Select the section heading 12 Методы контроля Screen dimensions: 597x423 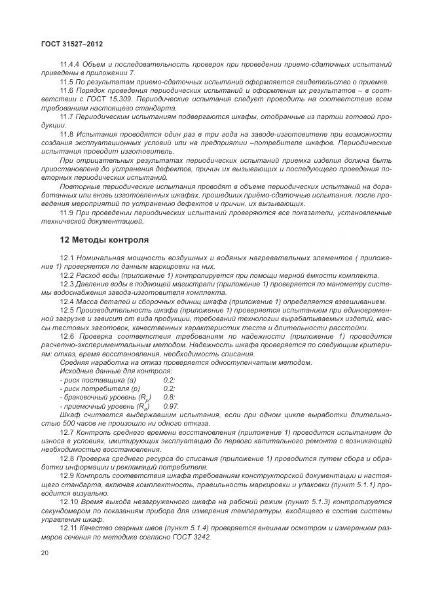[x=104, y=239]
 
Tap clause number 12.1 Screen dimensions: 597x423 [x=67, y=260]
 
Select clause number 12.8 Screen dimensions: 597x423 [x=67, y=459]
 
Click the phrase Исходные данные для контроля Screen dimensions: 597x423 [x=107, y=371]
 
